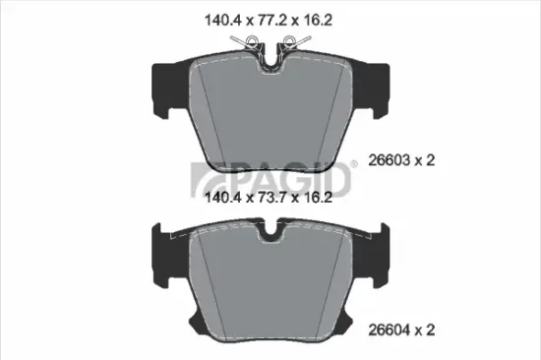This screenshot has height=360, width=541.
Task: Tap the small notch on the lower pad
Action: click(x=270, y=233)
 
